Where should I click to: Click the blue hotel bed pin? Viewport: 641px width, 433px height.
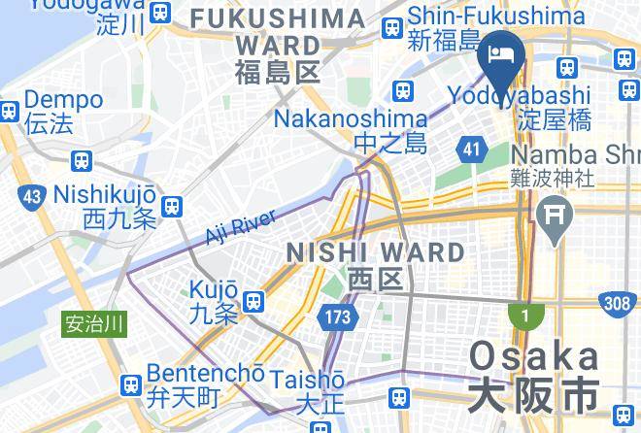(x=502, y=55)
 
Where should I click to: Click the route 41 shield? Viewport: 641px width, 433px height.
(x=471, y=149)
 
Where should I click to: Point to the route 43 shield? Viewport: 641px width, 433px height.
(x=33, y=198)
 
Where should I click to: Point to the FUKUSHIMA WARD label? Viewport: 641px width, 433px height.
(x=279, y=45)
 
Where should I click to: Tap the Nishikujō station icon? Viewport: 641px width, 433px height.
(x=173, y=205)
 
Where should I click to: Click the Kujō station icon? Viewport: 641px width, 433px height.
(x=254, y=301)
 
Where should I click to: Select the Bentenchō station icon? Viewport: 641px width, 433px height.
(x=131, y=386)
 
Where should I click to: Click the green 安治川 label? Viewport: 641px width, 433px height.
(x=93, y=323)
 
